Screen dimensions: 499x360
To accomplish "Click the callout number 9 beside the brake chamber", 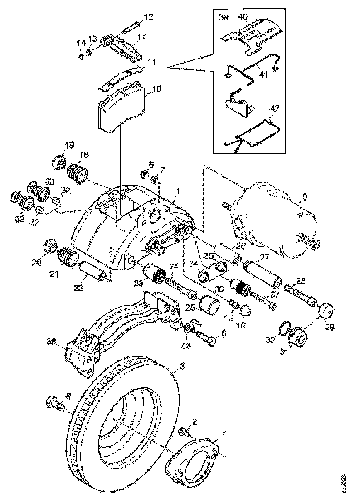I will coord(304,196).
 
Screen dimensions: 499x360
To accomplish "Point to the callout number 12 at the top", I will coord(149,17).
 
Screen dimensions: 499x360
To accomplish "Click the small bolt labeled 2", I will coord(184,433).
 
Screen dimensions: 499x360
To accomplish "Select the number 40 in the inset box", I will coord(243,17).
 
